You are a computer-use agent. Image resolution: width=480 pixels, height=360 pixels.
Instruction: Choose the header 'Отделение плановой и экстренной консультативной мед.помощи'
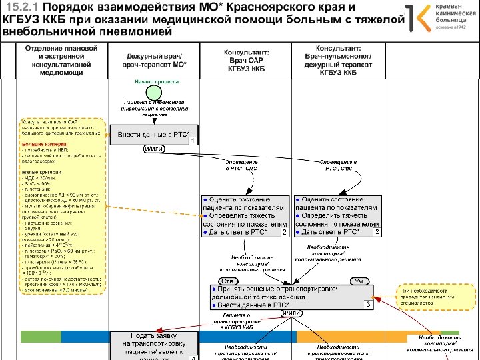pyautogui.click(x=61, y=61)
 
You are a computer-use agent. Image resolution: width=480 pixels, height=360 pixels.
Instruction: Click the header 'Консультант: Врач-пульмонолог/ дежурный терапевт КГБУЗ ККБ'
pyautogui.click(x=339, y=61)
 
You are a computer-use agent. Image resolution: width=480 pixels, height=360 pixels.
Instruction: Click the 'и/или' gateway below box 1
pyautogui.click(x=155, y=149)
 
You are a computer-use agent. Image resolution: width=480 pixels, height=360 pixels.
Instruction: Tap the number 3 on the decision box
pyautogui.click(x=367, y=304)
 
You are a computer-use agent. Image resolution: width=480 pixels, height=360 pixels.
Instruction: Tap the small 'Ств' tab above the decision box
pyautogui.click(x=226, y=281)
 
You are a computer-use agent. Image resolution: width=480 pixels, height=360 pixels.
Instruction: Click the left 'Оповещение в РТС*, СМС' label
pyautogui.click(x=241, y=165)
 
